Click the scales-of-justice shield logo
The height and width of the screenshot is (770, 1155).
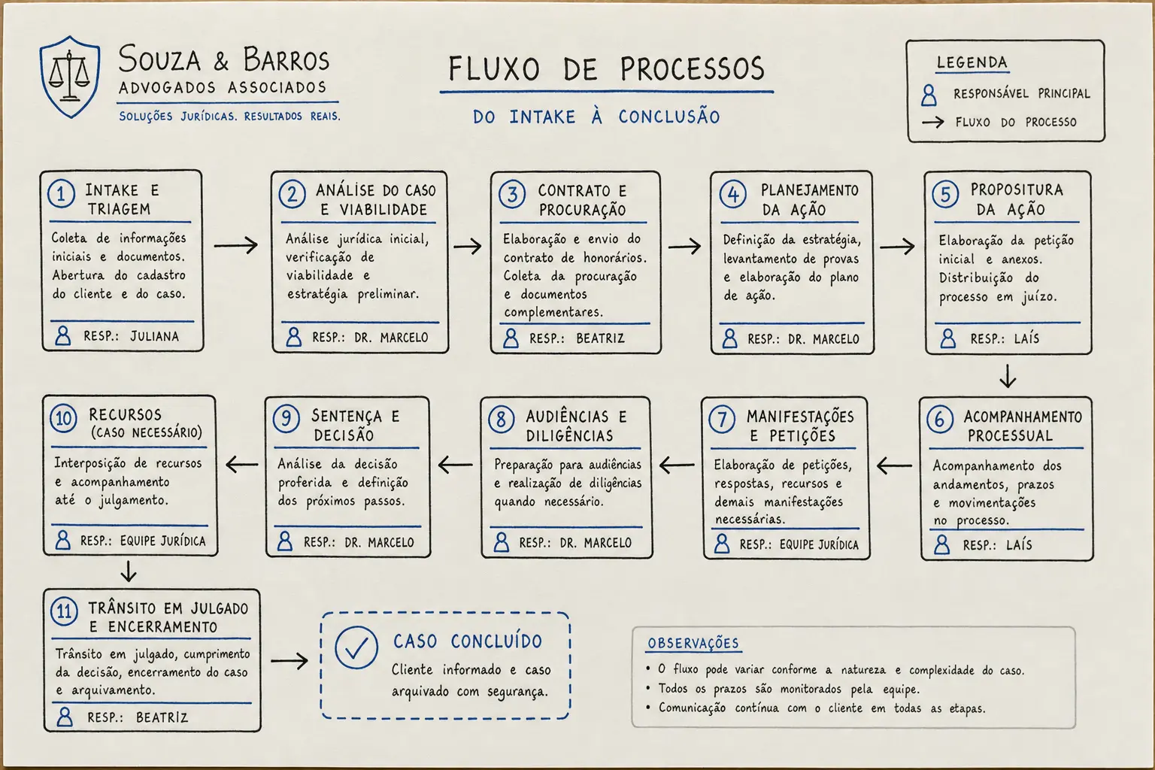(x=70, y=77)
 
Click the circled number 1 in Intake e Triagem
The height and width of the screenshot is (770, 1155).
(x=62, y=195)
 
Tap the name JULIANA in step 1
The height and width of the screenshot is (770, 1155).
(x=155, y=337)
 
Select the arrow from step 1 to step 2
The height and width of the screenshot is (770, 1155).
(x=235, y=245)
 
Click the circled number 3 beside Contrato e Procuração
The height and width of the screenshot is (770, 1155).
(x=512, y=195)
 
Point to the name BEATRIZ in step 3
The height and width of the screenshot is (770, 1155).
(x=600, y=338)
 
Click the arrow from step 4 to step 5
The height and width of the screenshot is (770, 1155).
(x=897, y=247)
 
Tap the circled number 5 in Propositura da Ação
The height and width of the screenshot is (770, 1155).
(x=945, y=195)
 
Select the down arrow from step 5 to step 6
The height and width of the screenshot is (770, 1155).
(x=1008, y=376)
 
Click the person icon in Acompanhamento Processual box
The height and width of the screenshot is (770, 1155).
(x=942, y=544)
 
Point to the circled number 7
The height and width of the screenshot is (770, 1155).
(x=722, y=420)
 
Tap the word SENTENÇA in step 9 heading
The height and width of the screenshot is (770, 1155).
(x=347, y=416)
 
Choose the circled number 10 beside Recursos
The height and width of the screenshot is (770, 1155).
(x=63, y=418)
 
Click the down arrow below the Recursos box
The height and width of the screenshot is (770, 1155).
(x=129, y=571)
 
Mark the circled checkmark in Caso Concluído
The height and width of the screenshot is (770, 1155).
(x=356, y=647)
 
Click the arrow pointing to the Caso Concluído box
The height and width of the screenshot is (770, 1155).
(x=290, y=661)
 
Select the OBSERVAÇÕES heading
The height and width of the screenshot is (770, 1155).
(x=693, y=643)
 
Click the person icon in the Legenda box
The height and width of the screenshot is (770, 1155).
(x=929, y=95)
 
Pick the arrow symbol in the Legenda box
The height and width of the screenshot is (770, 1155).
(x=933, y=123)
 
